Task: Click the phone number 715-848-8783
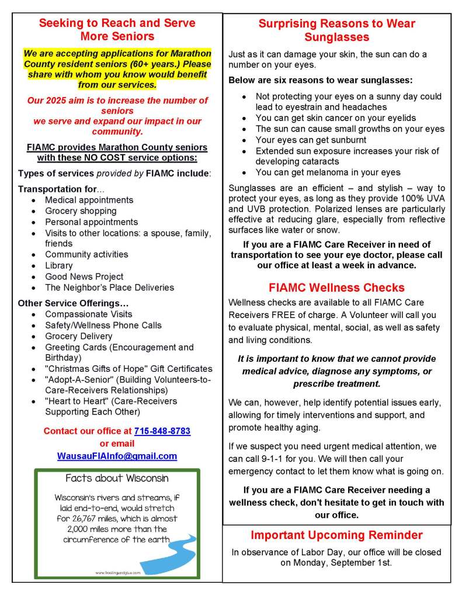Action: [162, 431]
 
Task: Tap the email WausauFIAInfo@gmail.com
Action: [117, 456]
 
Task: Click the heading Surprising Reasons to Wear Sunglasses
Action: [336, 30]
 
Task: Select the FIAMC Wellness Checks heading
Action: [336, 288]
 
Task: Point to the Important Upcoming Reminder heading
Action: [336, 535]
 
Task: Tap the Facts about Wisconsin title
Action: [117, 478]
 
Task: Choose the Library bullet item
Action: [59, 265]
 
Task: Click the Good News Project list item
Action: [84, 276]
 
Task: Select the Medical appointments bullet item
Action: [89, 200]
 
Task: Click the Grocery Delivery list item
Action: [78, 336]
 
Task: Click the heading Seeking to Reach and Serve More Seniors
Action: [117, 29]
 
